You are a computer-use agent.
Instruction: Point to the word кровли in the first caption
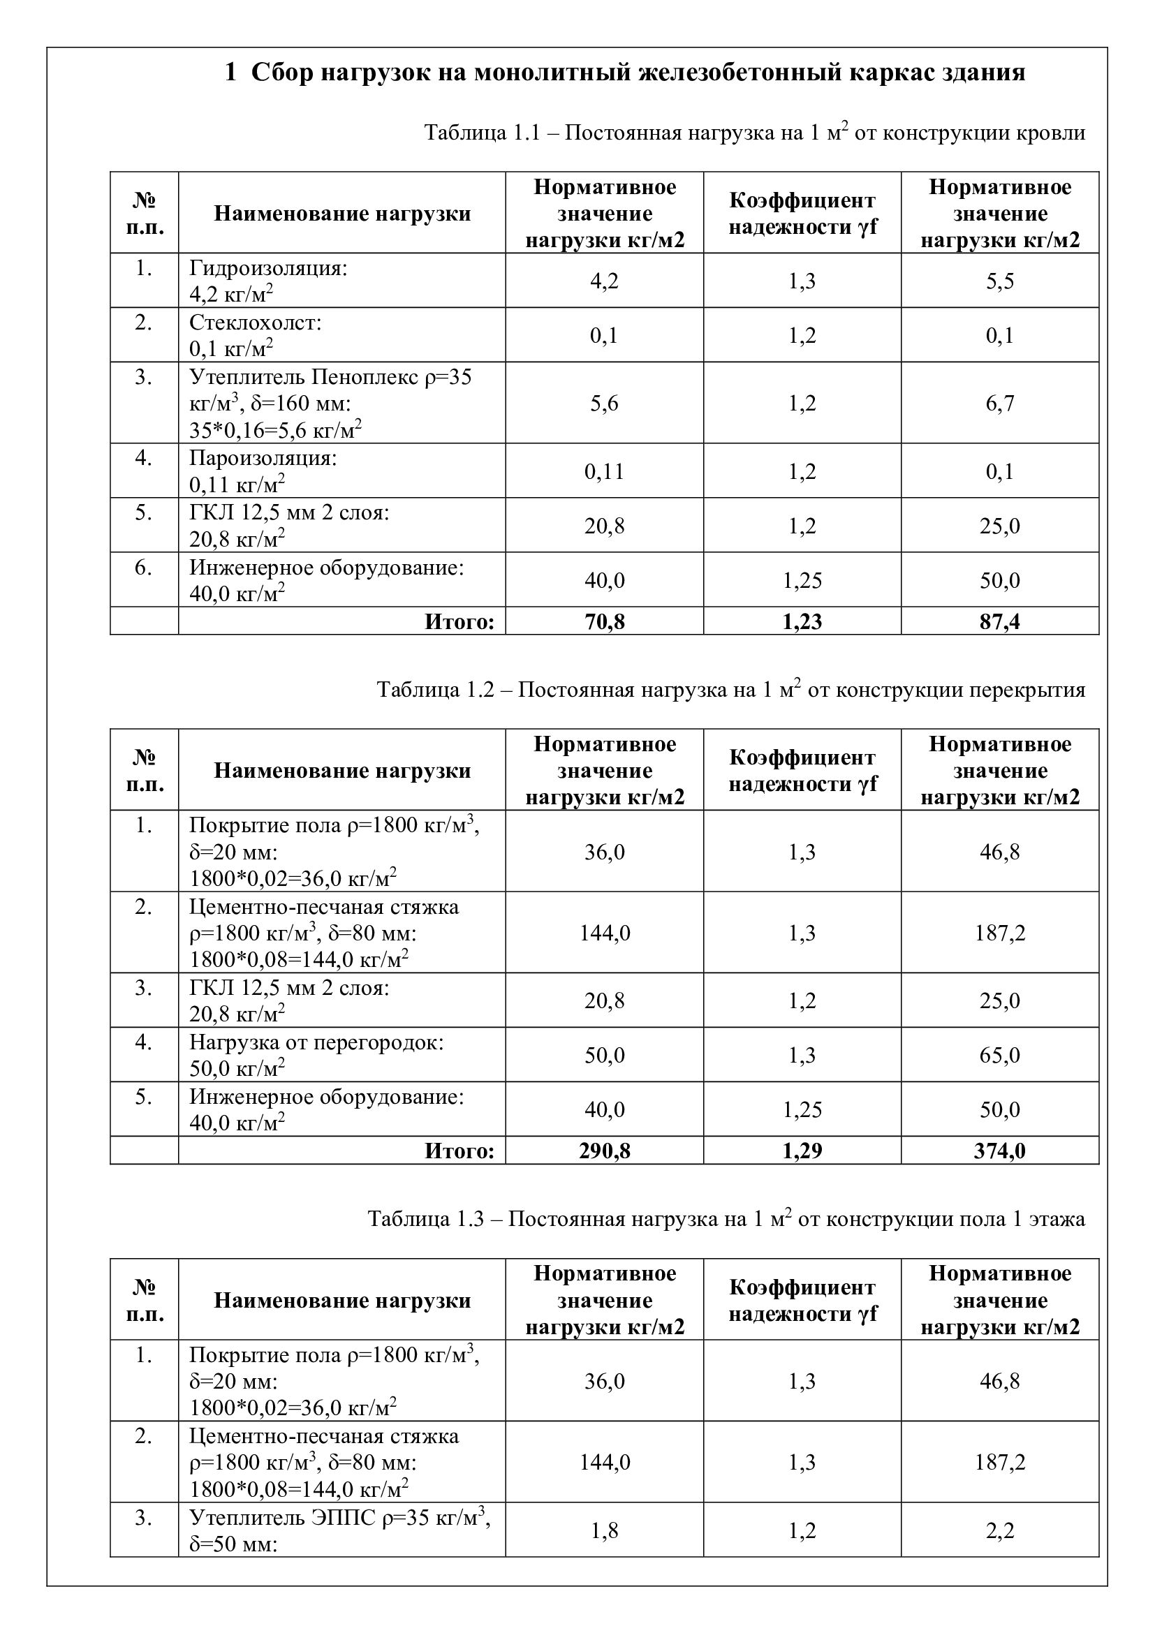click(1051, 133)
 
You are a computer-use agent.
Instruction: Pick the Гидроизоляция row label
click(268, 268)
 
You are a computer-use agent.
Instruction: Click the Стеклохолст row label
click(256, 323)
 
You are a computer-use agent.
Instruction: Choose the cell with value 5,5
click(999, 281)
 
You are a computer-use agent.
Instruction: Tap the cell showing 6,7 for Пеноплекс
click(999, 404)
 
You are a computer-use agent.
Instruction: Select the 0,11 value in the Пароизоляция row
click(604, 471)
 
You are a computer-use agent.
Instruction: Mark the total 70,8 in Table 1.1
click(604, 621)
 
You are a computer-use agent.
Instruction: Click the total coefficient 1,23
click(802, 621)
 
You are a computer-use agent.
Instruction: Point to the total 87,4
click(999, 621)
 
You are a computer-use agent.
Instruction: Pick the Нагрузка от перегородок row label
click(316, 1042)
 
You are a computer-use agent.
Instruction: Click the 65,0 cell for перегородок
click(999, 1055)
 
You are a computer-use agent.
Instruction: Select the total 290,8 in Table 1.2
click(604, 1151)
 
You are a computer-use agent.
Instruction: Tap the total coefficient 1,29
click(802, 1151)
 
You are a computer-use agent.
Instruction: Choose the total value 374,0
click(999, 1151)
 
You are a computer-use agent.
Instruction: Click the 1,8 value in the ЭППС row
click(604, 1530)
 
